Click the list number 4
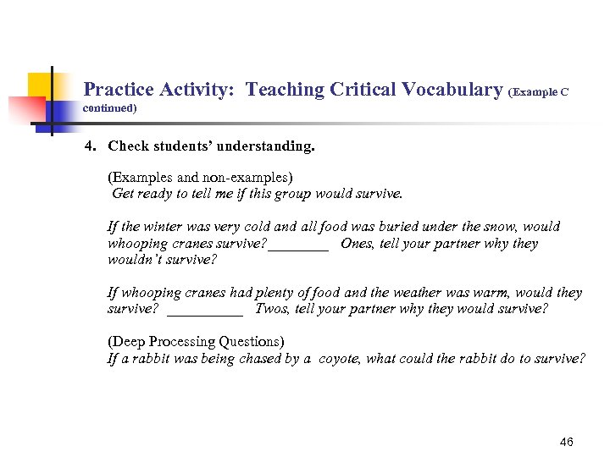tap(90, 146)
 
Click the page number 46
tap(567, 442)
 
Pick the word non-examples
tap(247, 178)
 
